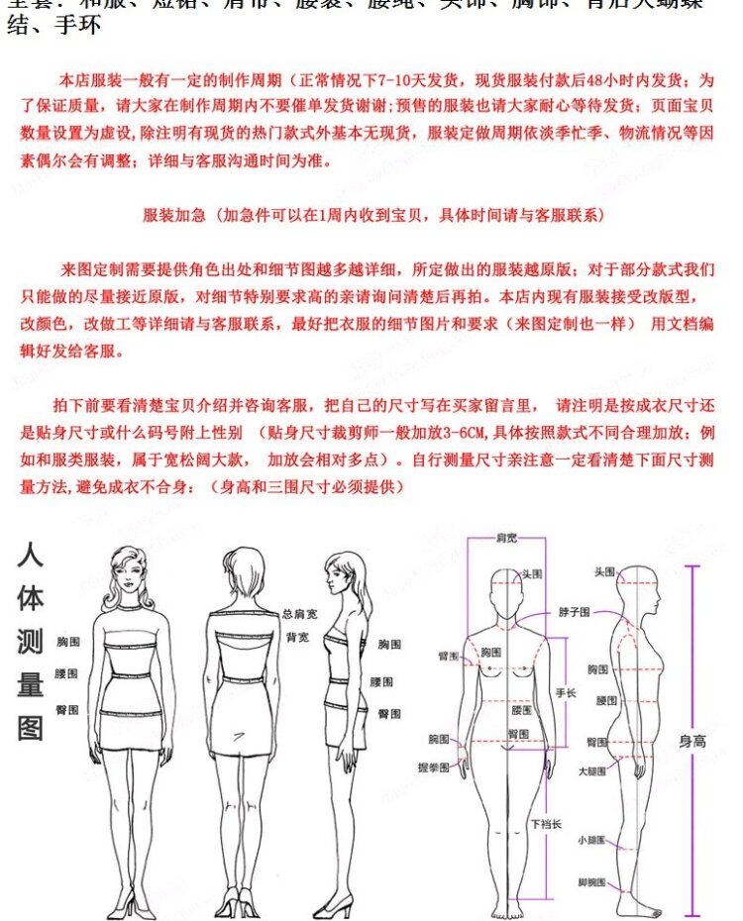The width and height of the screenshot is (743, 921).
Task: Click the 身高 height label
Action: pyautogui.click(x=691, y=740)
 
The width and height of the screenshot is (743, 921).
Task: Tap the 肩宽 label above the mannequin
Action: pyautogui.click(x=506, y=538)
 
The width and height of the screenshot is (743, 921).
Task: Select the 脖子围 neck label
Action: pyautogui.click(x=574, y=613)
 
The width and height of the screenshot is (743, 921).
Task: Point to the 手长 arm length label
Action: pyautogui.click(x=566, y=693)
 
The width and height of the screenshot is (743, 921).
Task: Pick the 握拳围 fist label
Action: pyautogui.click(x=433, y=767)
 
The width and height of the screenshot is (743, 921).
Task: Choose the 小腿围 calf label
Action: pyautogui.click(x=591, y=840)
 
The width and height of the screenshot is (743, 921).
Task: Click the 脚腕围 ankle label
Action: pyautogui.click(x=591, y=882)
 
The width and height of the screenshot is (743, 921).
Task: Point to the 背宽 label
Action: pyautogui.click(x=296, y=637)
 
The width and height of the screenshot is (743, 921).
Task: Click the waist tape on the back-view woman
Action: pyautogui.click(x=242, y=679)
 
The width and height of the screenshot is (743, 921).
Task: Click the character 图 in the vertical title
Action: pyautogui.click(x=30, y=729)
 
